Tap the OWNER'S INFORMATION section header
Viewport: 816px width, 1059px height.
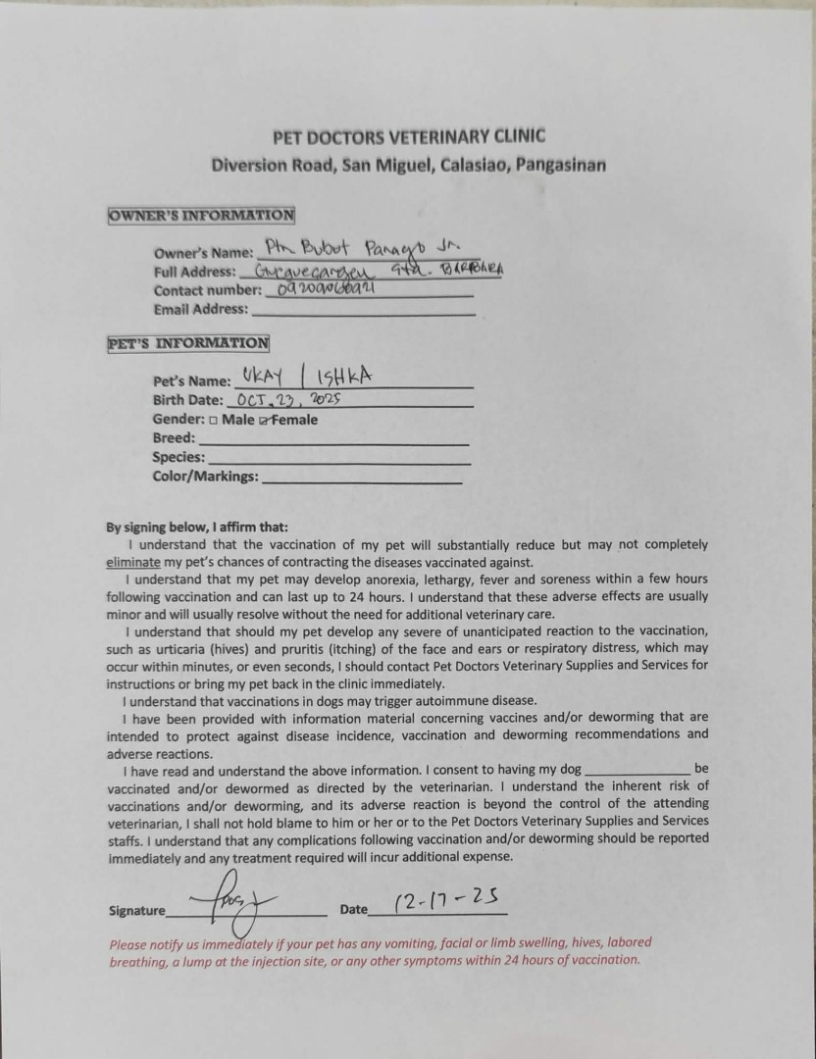(x=201, y=216)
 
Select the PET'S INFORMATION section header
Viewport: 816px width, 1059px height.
(x=188, y=343)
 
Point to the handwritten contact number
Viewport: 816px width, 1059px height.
(x=321, y=289)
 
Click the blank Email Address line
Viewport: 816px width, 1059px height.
(x=363, y=311)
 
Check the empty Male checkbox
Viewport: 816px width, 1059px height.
(x=213, y=421)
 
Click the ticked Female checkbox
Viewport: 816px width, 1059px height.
(x=262, y=421)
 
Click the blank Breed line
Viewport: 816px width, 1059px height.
(x=334, y=441)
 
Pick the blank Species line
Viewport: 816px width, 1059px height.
(x=338, y=460)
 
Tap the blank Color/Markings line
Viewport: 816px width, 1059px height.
(x=362, y=479)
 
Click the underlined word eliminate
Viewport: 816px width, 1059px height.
(x=132, y=563)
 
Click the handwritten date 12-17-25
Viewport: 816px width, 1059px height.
(x=446, y=900)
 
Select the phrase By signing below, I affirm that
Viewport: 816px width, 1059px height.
(x=197, y=527)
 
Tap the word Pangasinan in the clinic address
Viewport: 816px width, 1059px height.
(x=558, y=165)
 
